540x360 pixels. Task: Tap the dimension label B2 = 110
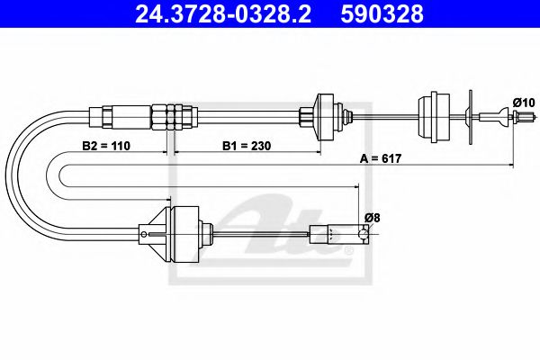[104, 145]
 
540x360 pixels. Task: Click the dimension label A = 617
[382, 159]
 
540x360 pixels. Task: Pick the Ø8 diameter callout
[372, 217]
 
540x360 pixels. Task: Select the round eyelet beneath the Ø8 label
[364, 236]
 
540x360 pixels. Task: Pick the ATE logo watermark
[288, 238]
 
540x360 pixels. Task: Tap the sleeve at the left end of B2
[99, 115]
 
